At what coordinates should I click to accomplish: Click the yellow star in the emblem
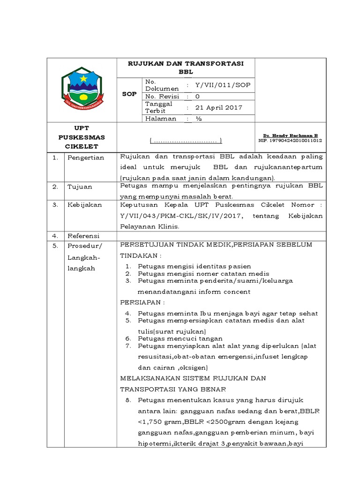(x=84, y=78)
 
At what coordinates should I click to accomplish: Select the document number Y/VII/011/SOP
(x=223, y=85)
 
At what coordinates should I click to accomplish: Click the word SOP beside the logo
(x=129, y=94)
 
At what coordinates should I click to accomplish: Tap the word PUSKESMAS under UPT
(x=82, y=137)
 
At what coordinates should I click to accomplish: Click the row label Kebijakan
(x=84, y=205)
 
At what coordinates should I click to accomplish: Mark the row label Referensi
(x=84, y=235)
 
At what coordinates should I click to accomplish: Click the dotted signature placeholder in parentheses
(x=186, y=141)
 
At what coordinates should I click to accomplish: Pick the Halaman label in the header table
(x=161, y=119)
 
